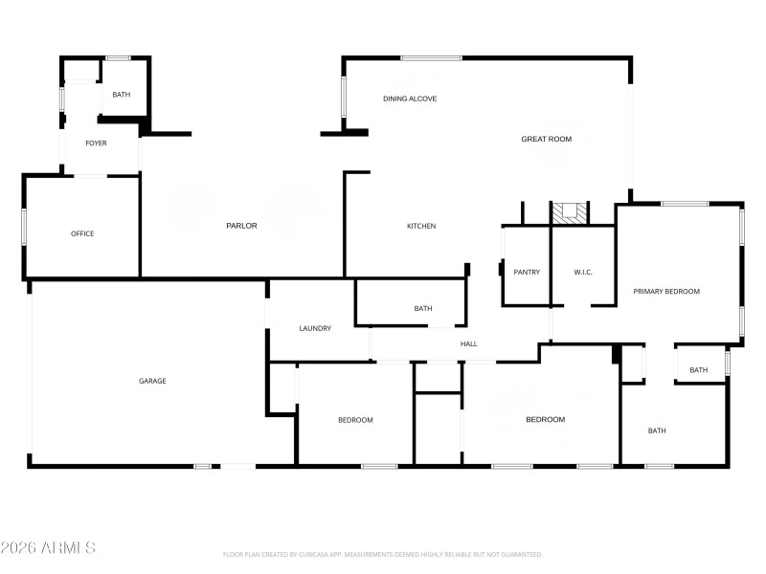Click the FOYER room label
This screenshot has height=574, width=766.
tap(96, 143)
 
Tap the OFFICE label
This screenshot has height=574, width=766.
tap(82, 233)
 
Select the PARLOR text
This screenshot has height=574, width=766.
tap(241, 226)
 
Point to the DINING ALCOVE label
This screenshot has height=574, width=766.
tap(410, 99)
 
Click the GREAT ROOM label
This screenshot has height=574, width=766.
tap(546, 140)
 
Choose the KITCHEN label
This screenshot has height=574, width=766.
tap(421, 226)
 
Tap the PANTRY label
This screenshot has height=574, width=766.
tap(527, 273)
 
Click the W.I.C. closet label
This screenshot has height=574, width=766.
tap(583, 273)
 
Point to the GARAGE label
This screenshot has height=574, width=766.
tap(152, 381)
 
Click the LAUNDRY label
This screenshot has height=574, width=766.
tap(315, 328)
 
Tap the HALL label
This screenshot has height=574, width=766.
tap(468, 344)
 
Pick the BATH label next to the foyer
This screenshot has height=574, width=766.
tap(122, 95)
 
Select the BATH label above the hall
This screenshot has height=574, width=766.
tap(423, 309)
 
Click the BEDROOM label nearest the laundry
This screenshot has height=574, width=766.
tap(355, 420)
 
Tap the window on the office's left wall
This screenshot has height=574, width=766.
tap(24, 230)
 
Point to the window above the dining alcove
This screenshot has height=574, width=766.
tap(431, 58)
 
